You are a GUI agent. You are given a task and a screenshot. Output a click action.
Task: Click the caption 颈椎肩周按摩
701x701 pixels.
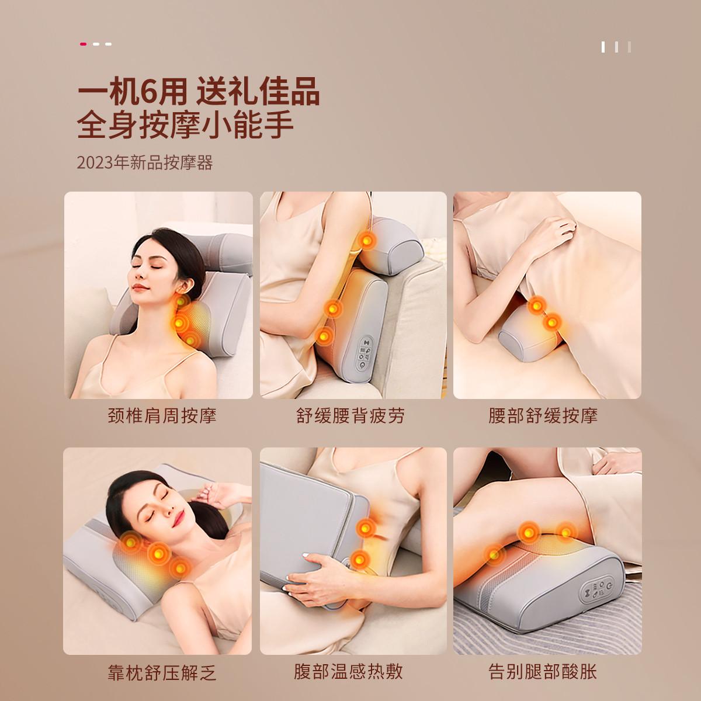tap(162, 416)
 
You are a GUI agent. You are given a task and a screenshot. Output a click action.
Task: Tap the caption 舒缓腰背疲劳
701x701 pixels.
tap(350, 416)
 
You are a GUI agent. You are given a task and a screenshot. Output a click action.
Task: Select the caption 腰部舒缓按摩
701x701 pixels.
tap(543, 416)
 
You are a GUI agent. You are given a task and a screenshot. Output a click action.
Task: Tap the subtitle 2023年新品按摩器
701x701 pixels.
tap(145, 162)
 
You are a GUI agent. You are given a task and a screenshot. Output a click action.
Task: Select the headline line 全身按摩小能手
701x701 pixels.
tap(185, 125)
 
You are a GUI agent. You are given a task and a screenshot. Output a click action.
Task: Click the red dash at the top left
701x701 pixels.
tap(84, 44)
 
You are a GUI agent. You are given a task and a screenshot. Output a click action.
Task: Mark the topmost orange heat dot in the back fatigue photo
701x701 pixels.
tap(367, 240)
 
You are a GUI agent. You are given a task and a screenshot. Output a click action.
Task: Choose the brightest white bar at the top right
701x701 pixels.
tap(603, 47)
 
